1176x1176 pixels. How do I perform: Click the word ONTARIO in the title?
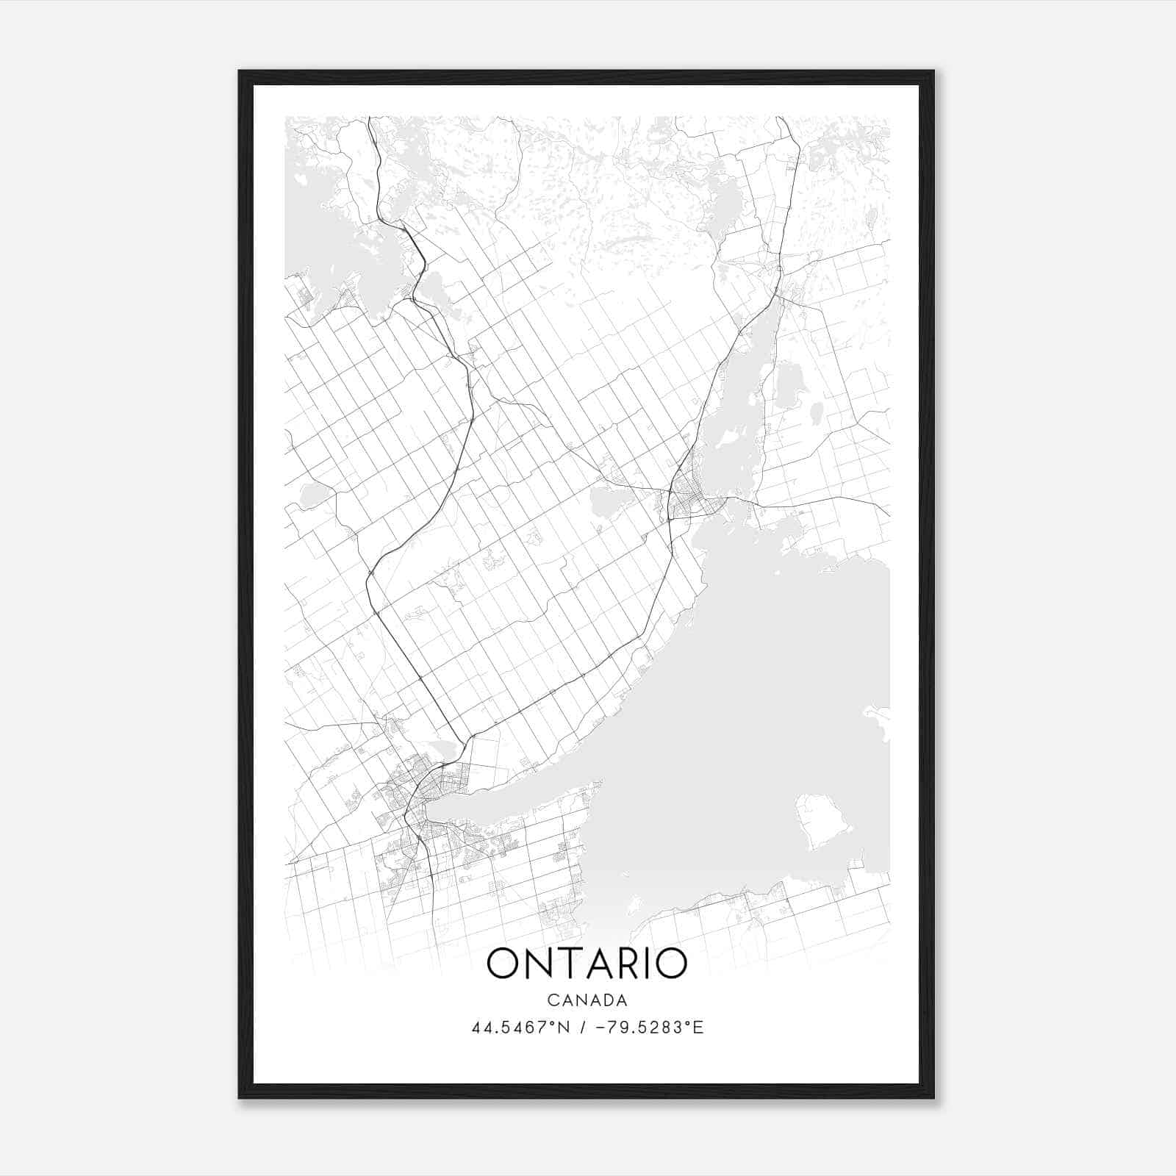point(587,964)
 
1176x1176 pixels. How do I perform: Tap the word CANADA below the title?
point(587,1000)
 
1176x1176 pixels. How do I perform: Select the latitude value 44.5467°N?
point(521,1028)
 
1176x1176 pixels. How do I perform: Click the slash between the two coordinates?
point(584,1028)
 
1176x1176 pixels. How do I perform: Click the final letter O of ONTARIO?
point(670,964)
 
